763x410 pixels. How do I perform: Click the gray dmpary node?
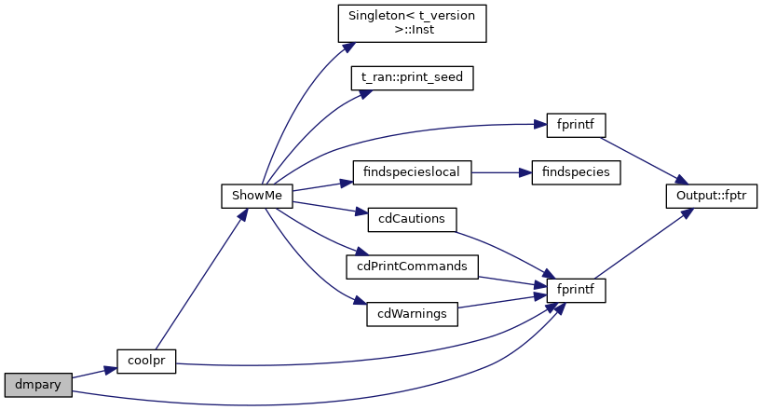(37, 384)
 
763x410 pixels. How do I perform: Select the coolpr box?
(146, 361)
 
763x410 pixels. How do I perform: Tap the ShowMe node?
(257, 196)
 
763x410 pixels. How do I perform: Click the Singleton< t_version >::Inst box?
(412, 22)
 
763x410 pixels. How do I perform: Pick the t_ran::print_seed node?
(412, 77)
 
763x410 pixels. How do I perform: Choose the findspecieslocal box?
(412, 172)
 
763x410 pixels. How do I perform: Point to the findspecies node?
(575, 172)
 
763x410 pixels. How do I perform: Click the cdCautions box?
(412, 220)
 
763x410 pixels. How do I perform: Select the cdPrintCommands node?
(412, 266)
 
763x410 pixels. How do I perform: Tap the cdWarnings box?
(412, 314)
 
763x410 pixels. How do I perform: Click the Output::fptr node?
(711, 196)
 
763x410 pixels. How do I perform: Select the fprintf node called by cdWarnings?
(575, 290)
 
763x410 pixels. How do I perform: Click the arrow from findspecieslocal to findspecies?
(501, 172)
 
